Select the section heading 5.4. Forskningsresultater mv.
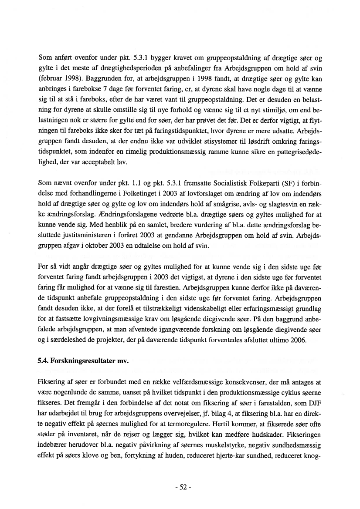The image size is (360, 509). tap(84, 361)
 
